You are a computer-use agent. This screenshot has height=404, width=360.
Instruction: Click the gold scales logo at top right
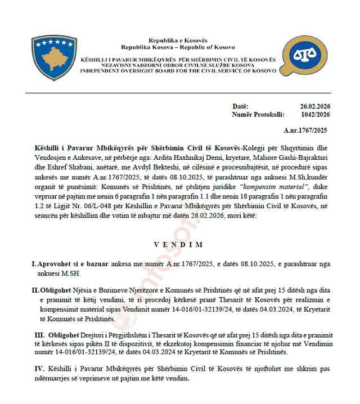(x=304, y=57)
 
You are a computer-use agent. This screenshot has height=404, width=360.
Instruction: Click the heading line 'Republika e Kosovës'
(x=178, y=41)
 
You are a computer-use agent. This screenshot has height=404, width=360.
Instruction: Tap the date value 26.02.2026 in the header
(x=314, y=106)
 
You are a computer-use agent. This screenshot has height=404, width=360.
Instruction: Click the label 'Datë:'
(x=240, y=106)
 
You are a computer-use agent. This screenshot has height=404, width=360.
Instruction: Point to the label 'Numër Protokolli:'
(x=257, y=114)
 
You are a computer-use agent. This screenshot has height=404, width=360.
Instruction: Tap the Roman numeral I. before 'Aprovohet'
(x=33, y=263)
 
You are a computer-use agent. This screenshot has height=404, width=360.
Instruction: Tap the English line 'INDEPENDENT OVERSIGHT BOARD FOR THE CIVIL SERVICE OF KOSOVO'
(x=178, y=71)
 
